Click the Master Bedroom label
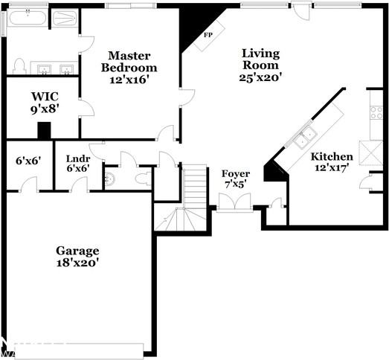[129, 56]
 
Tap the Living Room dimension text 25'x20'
[260, 76]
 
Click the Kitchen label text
[332, 156]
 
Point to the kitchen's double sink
[303, 138]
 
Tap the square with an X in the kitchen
[370, 152]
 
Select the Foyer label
[236, 174]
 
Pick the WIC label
[45, 96]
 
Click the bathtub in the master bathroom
[26, 18]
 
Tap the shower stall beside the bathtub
[65, 18]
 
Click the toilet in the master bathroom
[19, 65]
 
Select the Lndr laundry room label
[78, 158]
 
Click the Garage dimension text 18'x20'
[77, 262]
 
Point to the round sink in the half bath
[110, 179]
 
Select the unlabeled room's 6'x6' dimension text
[28, 159]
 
